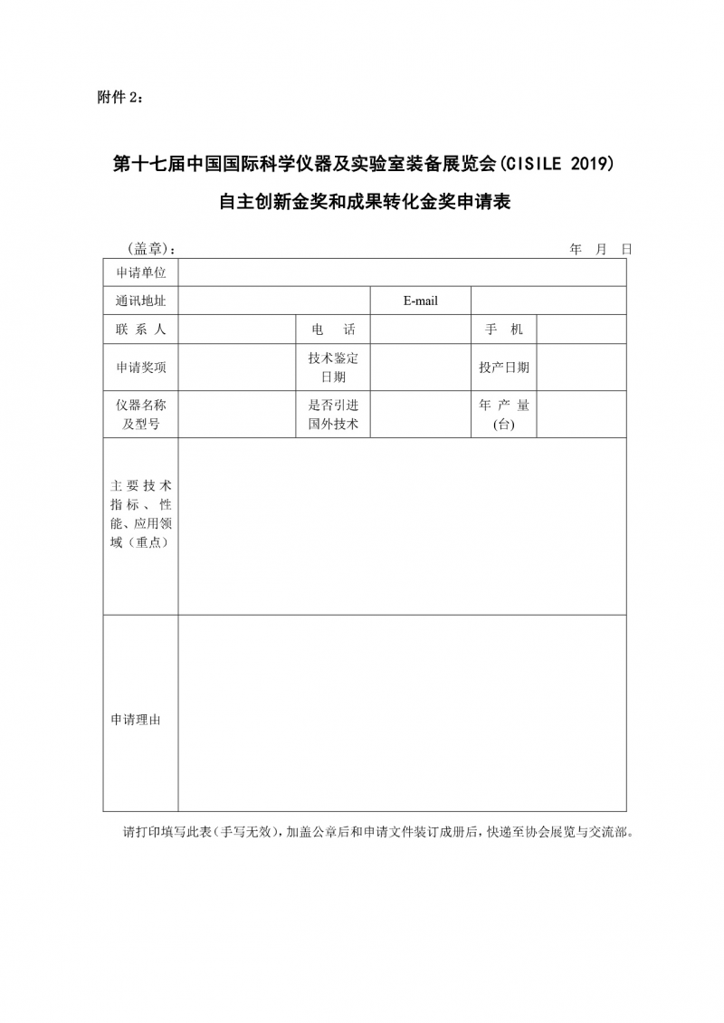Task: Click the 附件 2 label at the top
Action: (119, 98)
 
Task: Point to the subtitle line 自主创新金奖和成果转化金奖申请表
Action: (365, 202)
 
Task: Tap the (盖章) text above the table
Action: (148, 249)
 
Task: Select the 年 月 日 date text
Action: (600, 249)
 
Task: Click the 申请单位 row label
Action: (140, 272)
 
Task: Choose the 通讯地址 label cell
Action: (140, 301)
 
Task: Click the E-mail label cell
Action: (420, 301)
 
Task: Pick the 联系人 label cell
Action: (140, 330)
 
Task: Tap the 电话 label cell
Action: (333, 330)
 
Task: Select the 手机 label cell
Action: (504, 330)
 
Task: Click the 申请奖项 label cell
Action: (140, 368)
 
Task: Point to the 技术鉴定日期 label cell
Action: (333, 368)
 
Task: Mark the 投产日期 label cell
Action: (504, 368)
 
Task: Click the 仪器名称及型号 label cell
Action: (140, 415)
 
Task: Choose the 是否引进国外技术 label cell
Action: (333, 415)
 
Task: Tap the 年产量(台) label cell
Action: (504, 415)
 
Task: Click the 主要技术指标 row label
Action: (140, 513)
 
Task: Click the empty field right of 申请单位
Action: (402, 272)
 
